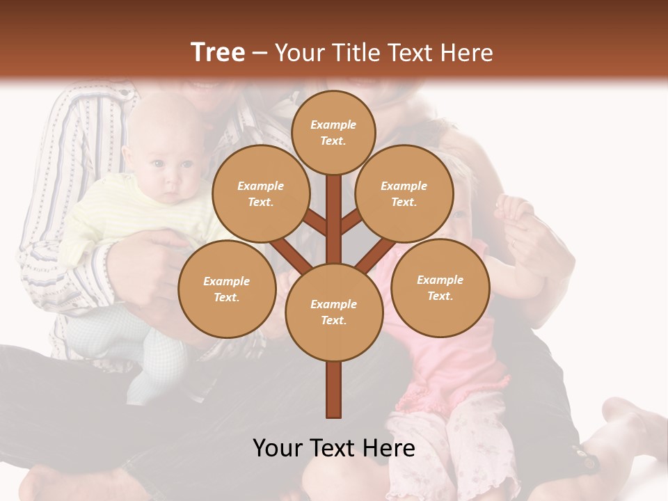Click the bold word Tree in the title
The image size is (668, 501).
[x=218, y=52]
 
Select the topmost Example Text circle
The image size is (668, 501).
[x=333, y=132]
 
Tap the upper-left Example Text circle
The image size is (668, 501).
[x=261, y=194]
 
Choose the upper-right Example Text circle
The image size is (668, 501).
[x=404, y=194]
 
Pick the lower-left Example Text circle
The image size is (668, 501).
[x=227, y=289]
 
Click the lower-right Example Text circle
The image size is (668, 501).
[x=440, y=287]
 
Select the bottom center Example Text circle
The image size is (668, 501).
[x=334, y=312]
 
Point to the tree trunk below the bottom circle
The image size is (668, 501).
[x=334, y=390]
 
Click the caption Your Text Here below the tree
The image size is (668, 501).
[x=334, y=448]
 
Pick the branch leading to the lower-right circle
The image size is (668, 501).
[x=374, y=256]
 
